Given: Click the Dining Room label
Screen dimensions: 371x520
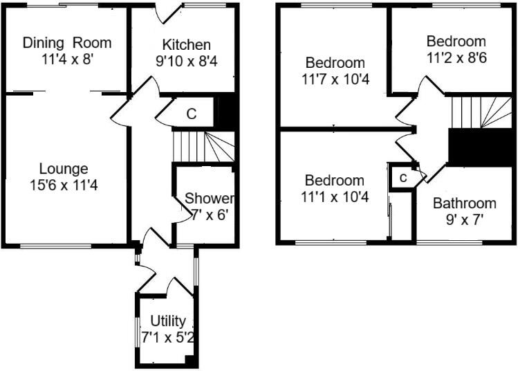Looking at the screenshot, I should tap(67, 42).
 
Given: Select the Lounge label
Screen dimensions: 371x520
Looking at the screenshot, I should tap(64, 168).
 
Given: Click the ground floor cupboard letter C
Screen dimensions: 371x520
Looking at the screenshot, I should tap(191, 114).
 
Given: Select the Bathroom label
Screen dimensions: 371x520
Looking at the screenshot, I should tap(464, 203).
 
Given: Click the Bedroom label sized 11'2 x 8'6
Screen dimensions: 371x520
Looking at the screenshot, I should tap(456, 41).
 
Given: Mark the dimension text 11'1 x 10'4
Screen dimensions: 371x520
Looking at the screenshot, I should tap(335, 197).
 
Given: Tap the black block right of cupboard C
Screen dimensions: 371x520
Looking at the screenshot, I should tap(228, 112).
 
